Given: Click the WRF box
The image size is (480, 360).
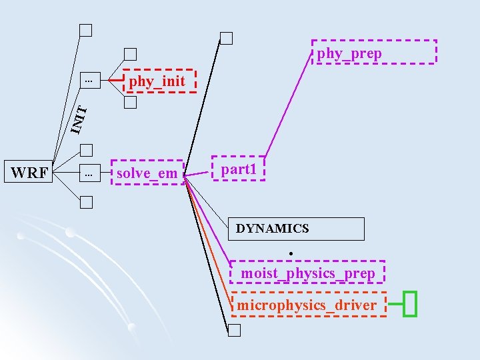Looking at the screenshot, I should click(29, 173).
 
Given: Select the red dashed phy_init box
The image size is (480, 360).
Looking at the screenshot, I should click(157, 81).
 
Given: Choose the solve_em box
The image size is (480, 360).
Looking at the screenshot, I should click(147, 173).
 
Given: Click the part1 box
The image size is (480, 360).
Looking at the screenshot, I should click(238, 169).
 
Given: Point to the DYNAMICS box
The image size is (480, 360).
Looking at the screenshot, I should click(296, 229).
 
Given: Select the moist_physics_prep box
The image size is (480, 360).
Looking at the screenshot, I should click(307, 273).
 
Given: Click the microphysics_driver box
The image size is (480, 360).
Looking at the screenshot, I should click(308, 305).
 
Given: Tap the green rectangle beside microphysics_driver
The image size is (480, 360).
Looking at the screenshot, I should click(410, 304).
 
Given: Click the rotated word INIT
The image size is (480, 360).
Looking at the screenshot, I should click(78, 118).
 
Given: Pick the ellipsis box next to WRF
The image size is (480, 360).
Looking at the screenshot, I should click(88, 173).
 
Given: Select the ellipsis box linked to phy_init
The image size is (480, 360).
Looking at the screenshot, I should click(88, 80).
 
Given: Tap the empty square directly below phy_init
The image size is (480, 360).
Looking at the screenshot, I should click(130, 103).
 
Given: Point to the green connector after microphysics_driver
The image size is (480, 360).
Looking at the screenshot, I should click(395, 305).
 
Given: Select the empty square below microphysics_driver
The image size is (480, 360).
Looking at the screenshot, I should click(233, 329).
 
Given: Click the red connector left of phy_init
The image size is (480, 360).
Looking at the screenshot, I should click(117, 80).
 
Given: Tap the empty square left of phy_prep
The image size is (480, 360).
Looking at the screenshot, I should click(227, 38).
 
